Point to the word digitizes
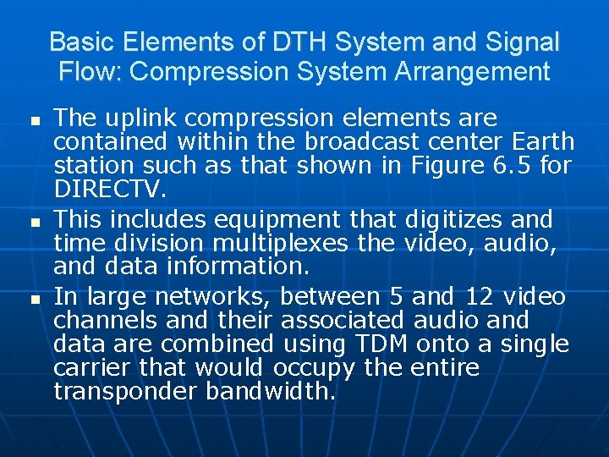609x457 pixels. pyautogui.click(x=454, y=221)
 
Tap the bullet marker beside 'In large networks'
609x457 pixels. pyautogui.click(x=33, y=299)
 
